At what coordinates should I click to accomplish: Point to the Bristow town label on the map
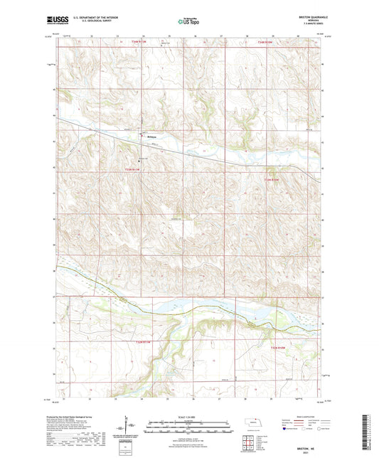pos(151,137)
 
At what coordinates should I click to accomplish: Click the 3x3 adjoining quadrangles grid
pos(248,442)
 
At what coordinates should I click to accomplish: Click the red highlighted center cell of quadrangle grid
pos(248,442)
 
